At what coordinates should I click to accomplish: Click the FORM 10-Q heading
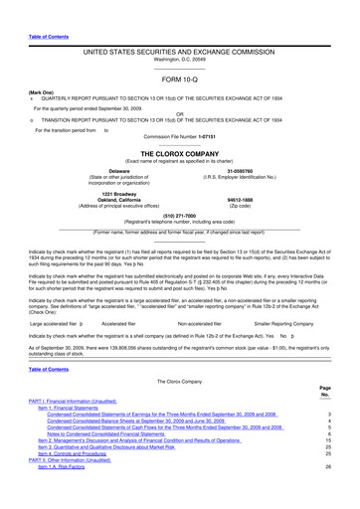pyautogui.click(x=179, y=78)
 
